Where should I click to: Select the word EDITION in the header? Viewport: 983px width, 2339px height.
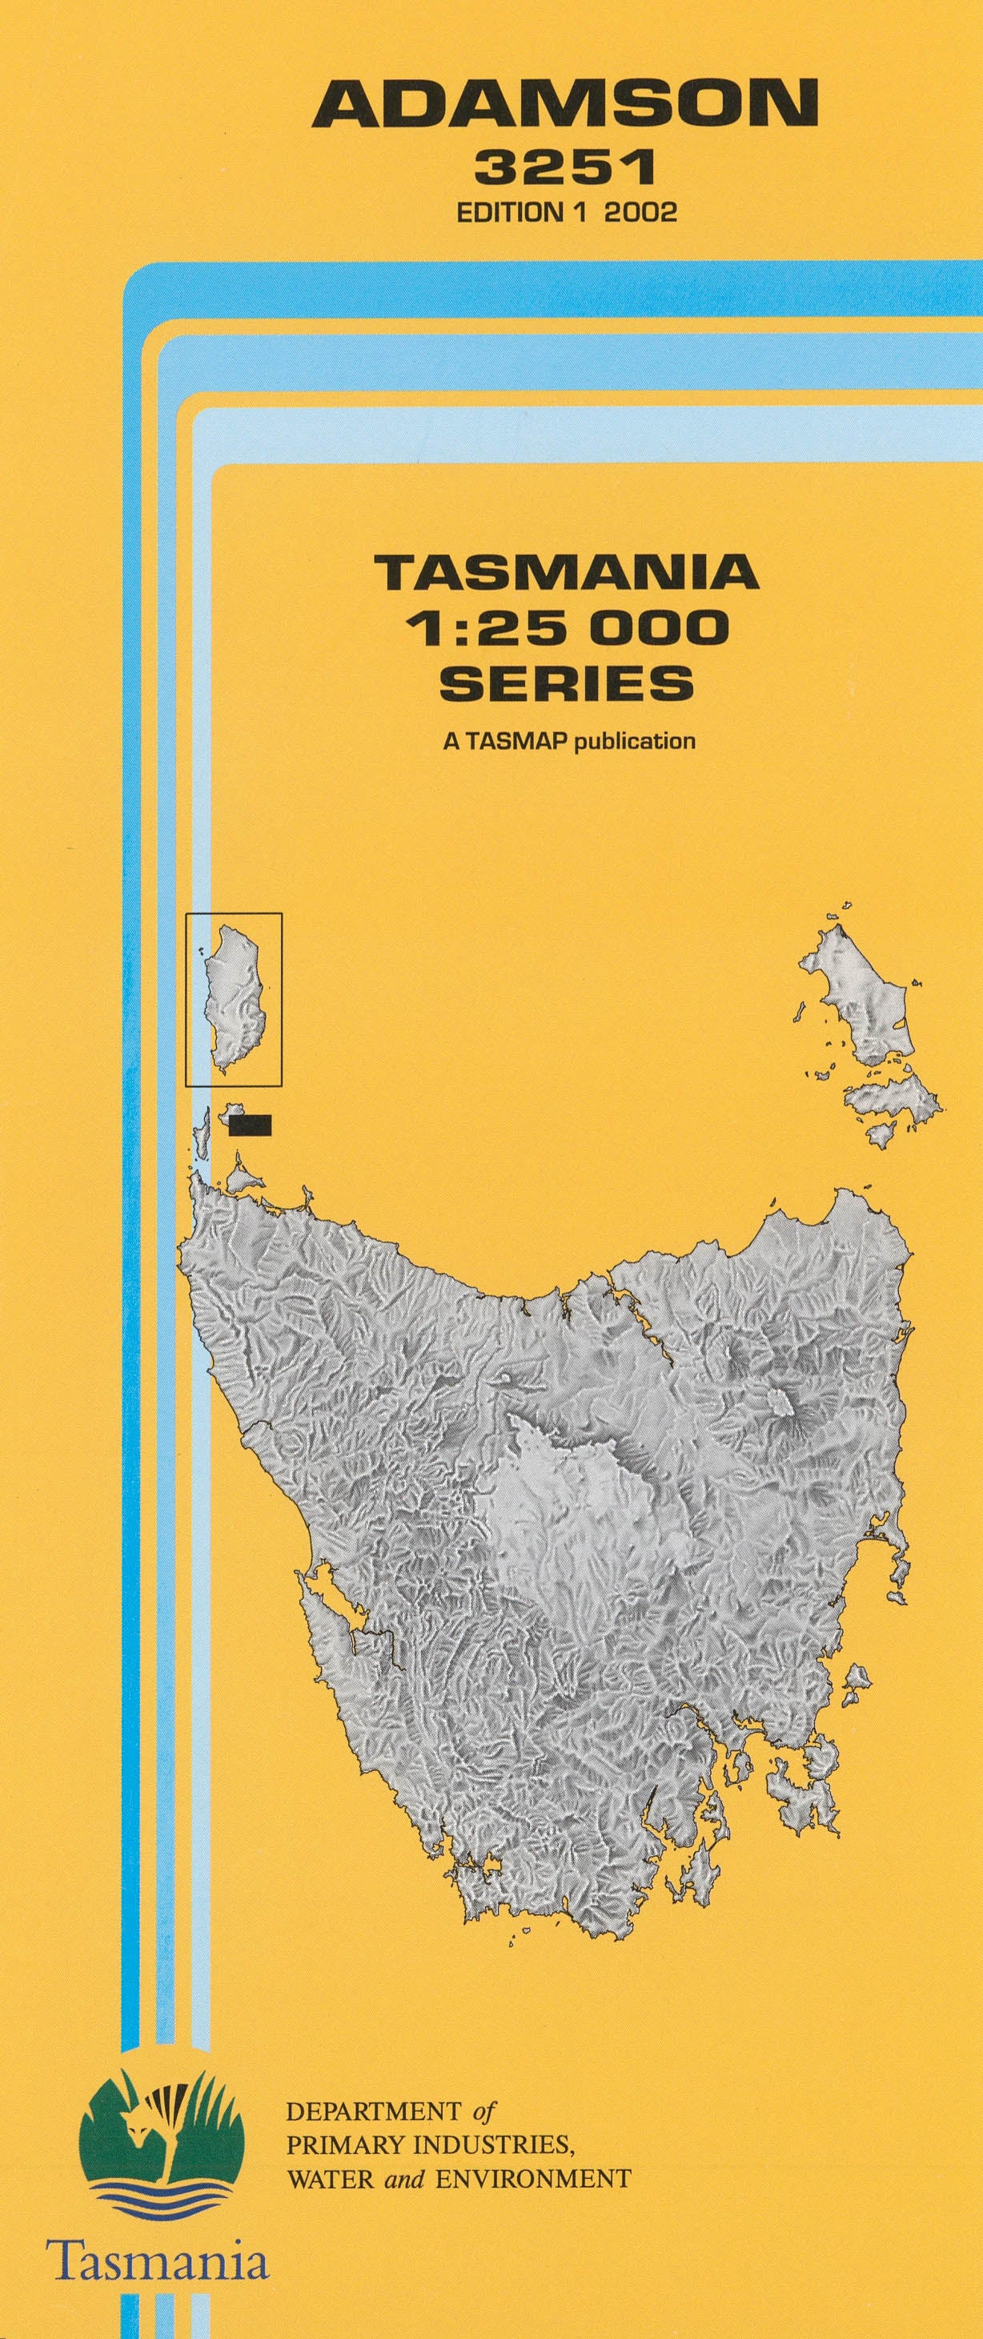(509, 212)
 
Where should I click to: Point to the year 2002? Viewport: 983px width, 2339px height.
(641, 212)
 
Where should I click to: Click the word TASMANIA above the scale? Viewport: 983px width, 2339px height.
(567, 574)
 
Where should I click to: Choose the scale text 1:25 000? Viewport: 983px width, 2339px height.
(567, 627)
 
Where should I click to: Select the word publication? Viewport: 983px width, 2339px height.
(636, 741)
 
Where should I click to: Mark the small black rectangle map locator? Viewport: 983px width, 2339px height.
(251, 1125)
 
